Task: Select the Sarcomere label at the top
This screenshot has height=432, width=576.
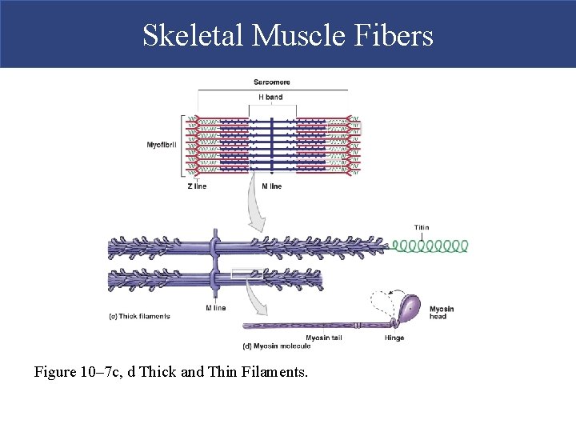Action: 271,82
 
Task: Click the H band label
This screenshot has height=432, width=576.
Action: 270,98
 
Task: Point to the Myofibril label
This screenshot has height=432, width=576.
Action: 162,145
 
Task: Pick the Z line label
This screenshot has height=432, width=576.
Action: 196,186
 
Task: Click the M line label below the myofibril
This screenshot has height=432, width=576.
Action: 271,186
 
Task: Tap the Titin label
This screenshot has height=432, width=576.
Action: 422,227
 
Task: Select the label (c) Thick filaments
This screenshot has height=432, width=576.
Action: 139,316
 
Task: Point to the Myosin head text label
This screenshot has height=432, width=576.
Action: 441,312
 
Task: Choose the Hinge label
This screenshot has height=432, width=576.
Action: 394,338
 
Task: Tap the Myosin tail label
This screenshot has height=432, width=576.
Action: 323,338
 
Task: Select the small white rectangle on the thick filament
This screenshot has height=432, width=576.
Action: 242,274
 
